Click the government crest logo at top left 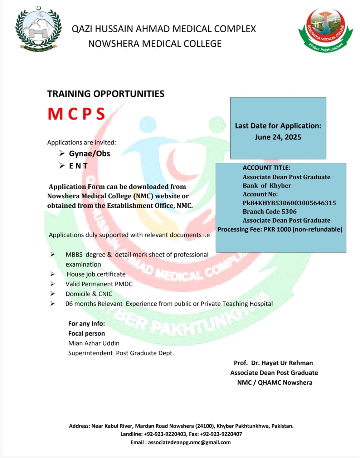(38, 29)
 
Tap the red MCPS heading (76, 114)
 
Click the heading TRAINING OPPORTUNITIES (106, 94)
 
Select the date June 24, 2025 (278, 137)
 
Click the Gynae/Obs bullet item (89, 154)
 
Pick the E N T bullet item (78, 166)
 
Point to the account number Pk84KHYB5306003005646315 (289, 203)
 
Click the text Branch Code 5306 (269, 211)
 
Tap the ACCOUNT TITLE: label (266, 168)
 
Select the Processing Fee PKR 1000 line (280, 229)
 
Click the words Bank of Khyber (267, 186)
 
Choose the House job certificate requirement (96, 274)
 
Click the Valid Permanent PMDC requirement (99, 284)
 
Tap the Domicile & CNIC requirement (89, 294)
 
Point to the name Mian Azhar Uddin (94, 343)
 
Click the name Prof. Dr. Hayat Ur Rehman (273, 363)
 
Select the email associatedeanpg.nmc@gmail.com (189, 442)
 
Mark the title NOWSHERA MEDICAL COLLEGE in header (155, 44)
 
